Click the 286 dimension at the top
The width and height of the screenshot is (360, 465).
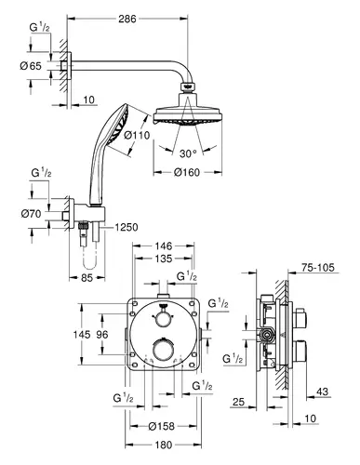(127, 19)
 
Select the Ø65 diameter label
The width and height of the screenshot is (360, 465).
(31, 66)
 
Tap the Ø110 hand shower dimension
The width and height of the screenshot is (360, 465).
(137, 135)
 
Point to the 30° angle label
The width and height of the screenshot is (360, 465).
(188, 153)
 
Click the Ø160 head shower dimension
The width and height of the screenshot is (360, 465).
(187, 172)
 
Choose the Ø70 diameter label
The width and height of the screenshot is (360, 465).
(31, 214)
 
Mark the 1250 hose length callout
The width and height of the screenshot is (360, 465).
(127, 227)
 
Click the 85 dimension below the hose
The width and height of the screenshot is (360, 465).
(87, 278)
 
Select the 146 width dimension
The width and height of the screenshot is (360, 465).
(164, 246)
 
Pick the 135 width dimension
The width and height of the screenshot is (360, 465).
(164, 259)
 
